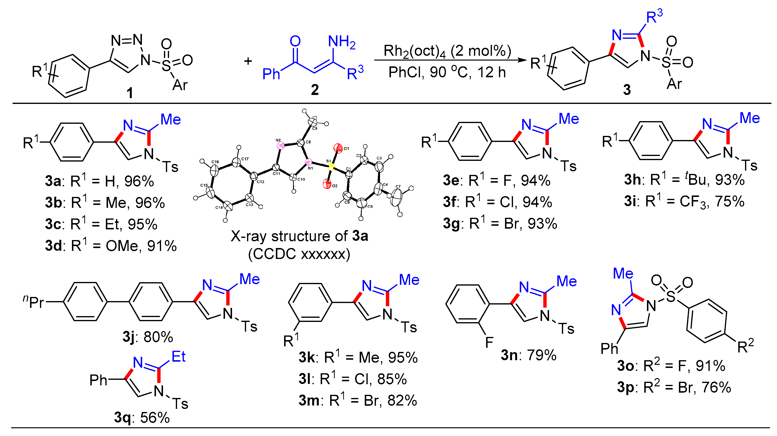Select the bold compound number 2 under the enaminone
(x=315, y=90)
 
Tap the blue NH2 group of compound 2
(x=342, y=42)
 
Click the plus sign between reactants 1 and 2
(x=248, y=61)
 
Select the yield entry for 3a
(x=100, y=181)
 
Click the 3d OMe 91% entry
(x=111, y=246)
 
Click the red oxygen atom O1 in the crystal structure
(x=338, y=148)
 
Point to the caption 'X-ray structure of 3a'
(x=299, y=236)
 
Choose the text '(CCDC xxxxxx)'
(x=299, y=254)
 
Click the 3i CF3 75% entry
(x=684, y=201)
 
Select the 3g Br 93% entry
(x=500, y=224)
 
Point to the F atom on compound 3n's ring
(x=489, y=343)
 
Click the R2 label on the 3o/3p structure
(x=745, y=346)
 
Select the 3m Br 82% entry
(x=358, y=400)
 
